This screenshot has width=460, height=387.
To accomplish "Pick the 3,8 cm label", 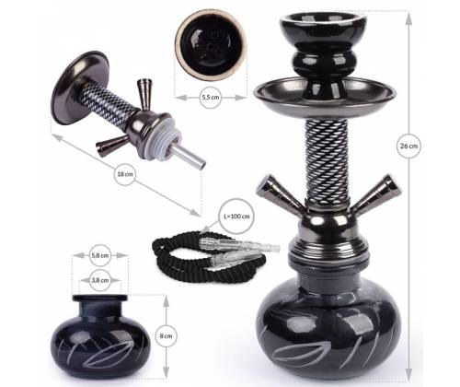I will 100,276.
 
